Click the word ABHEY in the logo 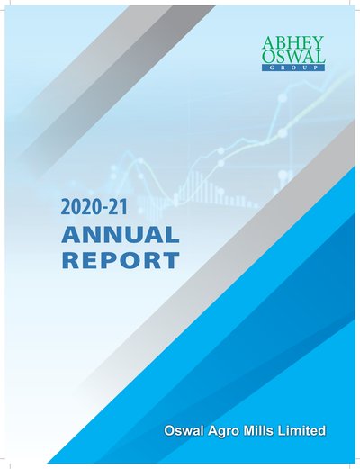coord(292,43)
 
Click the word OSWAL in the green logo coord(292,57)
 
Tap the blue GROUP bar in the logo coord(292,68)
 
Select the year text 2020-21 coord(94,208)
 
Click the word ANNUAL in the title coord(120,235)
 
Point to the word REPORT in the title coord(120,260)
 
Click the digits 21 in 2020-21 coord(118,208)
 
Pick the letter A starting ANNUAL coord(71,235)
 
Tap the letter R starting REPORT coord(70,260)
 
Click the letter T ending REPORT coord(171,260)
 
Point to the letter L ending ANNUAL coord(172,235)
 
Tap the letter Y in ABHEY coord(318,43)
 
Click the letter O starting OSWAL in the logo coord(268,57)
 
